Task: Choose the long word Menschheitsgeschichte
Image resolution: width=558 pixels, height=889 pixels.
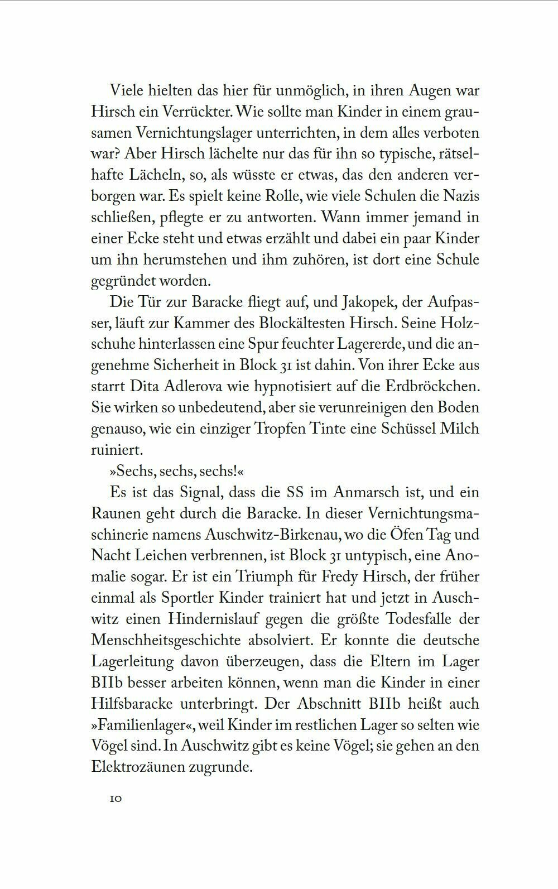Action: (x=166, y=640)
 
